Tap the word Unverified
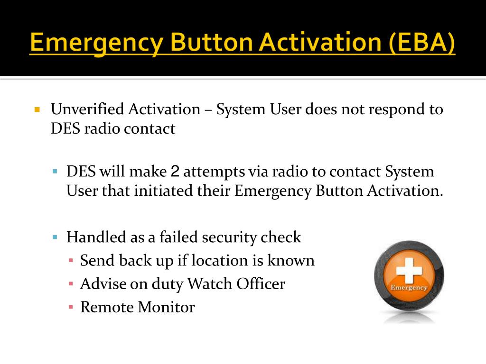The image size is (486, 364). pyautogui.click(x=87, y=109)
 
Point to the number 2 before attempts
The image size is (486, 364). pyautogui.click(x=175, y=172)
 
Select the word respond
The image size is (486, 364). pyautogui.click(x=394, y=109)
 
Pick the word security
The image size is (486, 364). pyautogui.click(x=230, y=237)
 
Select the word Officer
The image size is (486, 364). pyautogui.click(x=260, y=283)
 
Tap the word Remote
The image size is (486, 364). pyautogui.click(x=107, y=307)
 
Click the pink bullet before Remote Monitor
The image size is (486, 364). pyautogui.click(x=70, y=307)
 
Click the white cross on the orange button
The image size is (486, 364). pyautogui.click(x=409, y=271)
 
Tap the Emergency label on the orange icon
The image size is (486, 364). pyautogui.click(x=409, y=288)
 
